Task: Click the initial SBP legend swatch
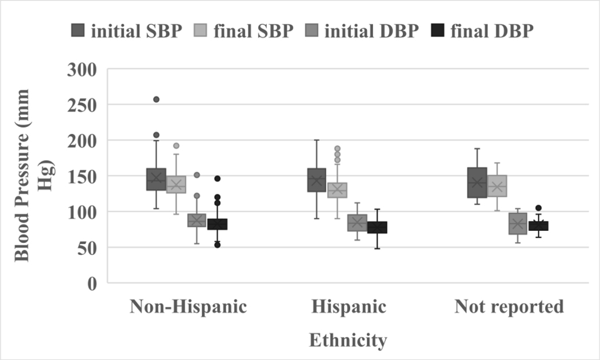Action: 79,30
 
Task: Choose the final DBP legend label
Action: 491,30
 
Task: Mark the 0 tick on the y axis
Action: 91,283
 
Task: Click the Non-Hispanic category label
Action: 189,307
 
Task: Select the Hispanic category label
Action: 349,307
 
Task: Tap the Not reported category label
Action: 509,307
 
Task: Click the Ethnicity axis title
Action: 348,341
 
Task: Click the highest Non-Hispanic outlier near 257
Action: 156,99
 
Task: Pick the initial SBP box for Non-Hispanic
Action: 156,179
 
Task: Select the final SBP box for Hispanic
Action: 337,190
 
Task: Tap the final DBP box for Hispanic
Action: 377,227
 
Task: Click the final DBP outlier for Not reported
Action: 538,208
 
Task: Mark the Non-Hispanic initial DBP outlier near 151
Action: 197,175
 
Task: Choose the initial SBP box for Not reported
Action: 477,183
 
